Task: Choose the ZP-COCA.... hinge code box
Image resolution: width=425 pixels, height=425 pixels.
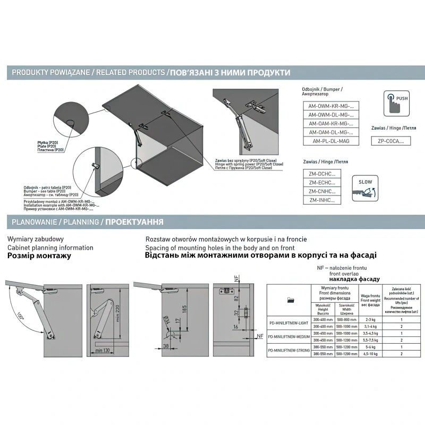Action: [x=390, y=141]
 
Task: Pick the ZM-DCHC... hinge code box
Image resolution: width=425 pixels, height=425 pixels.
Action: [x=322, y=174]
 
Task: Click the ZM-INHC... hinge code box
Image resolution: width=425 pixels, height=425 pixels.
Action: [x=322, y=200]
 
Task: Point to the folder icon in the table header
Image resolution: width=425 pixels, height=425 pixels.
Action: [x=290, y=300]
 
